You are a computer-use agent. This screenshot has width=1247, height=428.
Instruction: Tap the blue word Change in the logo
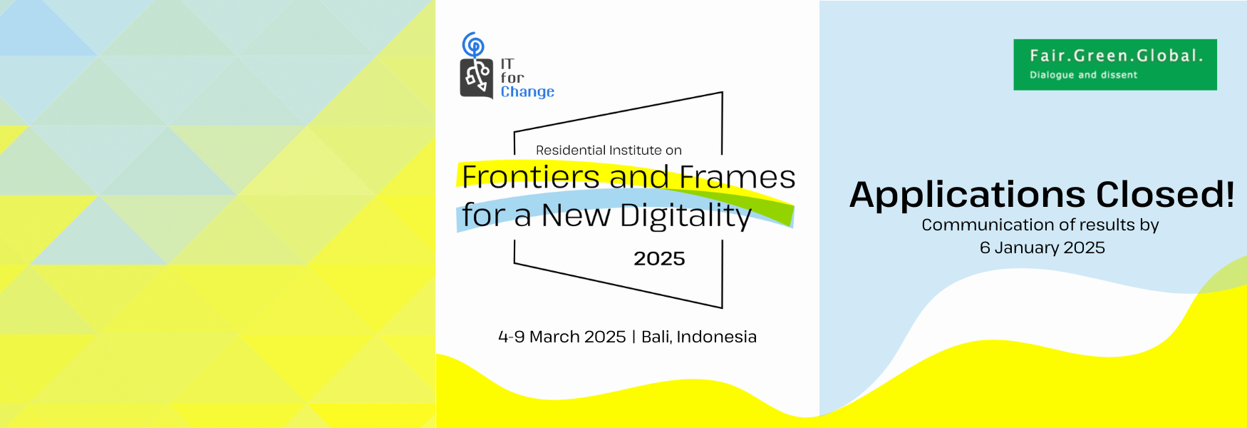pyautogui.click(x=527, y=92)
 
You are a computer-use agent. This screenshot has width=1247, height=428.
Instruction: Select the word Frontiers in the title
pyautogui.click(x=530, y=177)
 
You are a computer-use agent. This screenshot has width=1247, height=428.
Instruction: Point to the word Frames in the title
pyautogui.click(x=737, y=177)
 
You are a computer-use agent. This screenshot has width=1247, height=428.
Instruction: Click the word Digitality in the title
pyautogui.click(x=685, y=216)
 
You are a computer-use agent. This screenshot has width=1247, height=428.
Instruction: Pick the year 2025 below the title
pyautogui.click(x=659, y=258)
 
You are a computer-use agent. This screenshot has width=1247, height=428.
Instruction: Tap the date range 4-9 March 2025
pyautogui.click(x=562, y=337)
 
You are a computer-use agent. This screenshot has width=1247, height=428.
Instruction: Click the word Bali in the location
pyautogui.click(x=656, y=337)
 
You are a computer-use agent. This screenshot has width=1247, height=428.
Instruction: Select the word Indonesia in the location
pyautogui.click(x=716, y=337)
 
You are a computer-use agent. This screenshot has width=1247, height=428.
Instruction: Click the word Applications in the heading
pyautogui.click(x=968, y=195)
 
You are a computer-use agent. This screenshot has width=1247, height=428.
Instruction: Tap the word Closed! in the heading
pyautogui.click(x=1165, y=194)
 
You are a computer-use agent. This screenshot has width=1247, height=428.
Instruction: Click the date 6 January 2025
pyautogui.click(x=1042, y=248)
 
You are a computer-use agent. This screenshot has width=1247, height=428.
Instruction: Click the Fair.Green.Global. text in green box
pyautogui.click(x=1116, y=56)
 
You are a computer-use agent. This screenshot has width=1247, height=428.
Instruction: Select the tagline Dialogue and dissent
pyautogui.click(x=1083, y=75)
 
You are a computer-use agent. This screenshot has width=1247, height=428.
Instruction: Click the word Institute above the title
pyautogui.click(x=636, y=150)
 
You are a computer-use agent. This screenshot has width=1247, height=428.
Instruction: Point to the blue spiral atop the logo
pyautogui.click(x=472, y=44)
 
